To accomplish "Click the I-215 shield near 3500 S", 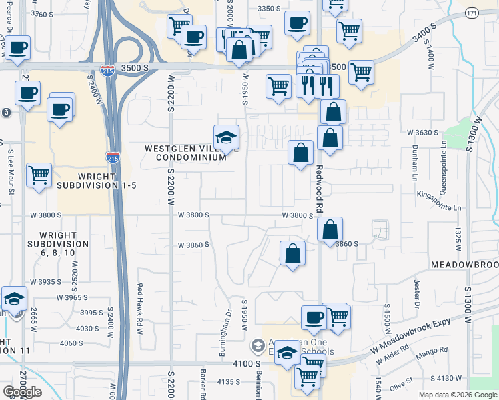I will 107,69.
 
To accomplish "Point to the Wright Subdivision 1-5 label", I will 97,180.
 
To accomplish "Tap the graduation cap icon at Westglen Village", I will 227,137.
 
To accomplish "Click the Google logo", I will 22,392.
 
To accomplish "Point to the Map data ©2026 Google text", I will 458,395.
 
